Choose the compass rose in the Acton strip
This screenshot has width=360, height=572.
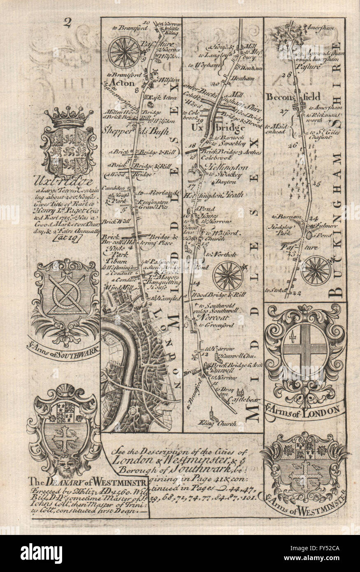[x=124, y=52]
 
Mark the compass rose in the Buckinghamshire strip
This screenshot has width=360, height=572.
[x=316, y=270]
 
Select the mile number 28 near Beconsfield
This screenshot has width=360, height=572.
[x=287, y=75]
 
